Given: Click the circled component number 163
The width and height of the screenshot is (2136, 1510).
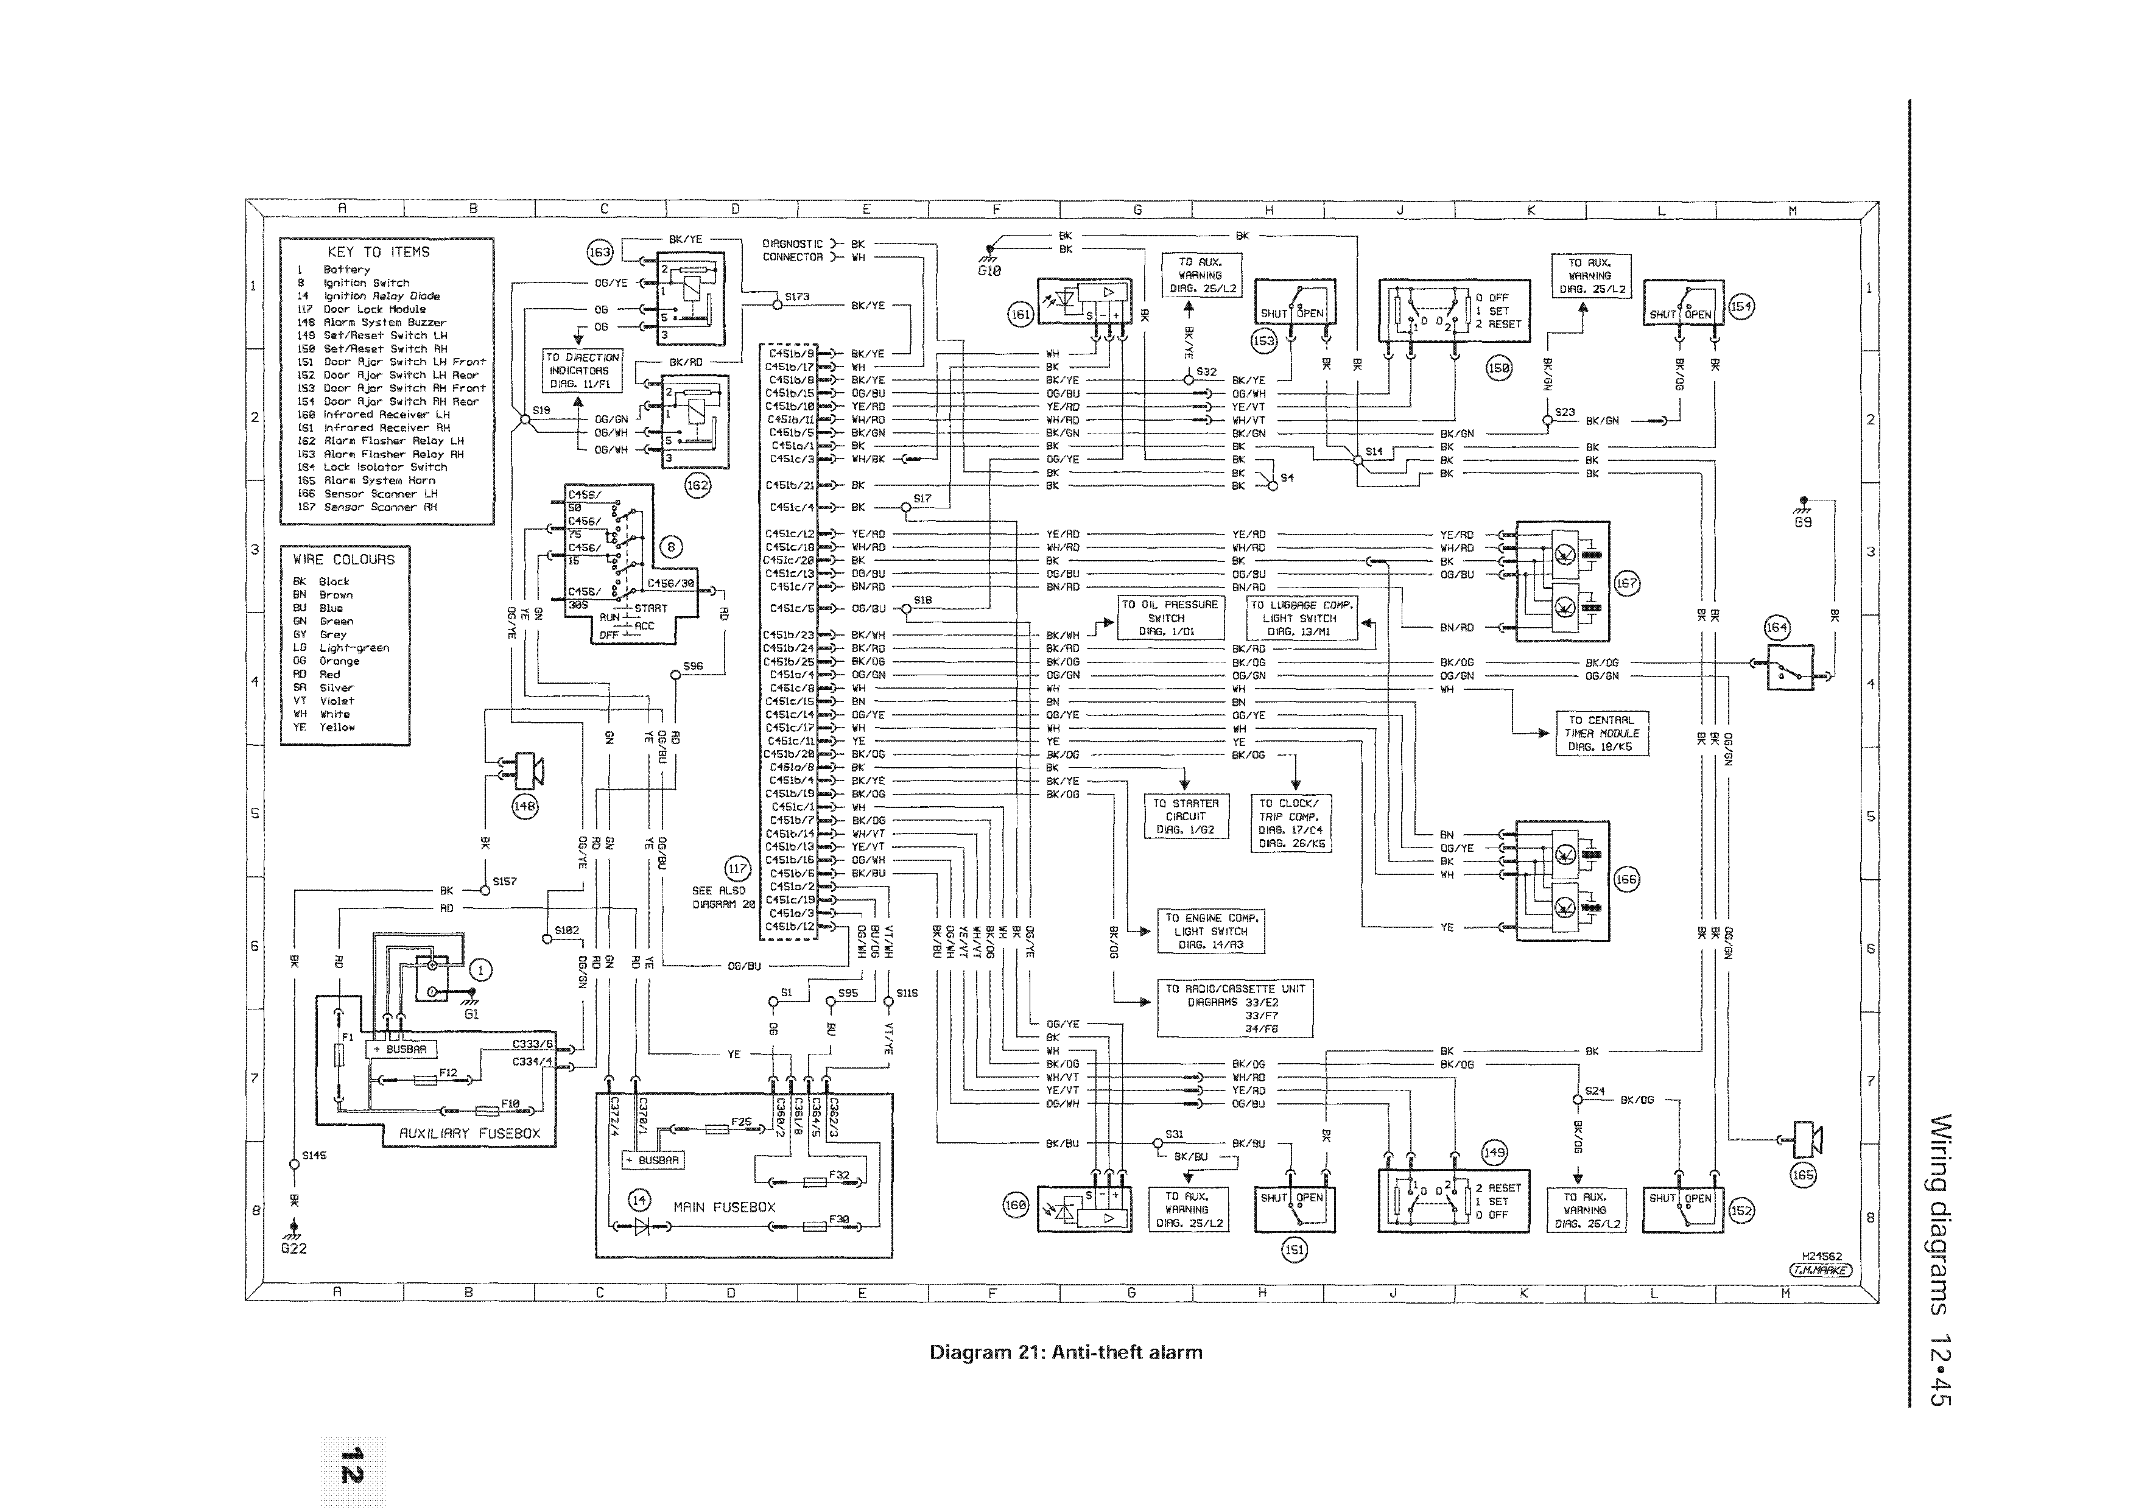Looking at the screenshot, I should tap(600, 252).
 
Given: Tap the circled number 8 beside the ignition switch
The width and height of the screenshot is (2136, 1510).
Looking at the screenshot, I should tap(671, 547).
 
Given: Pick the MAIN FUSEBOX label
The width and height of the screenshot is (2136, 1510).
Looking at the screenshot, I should tap(724, 1207).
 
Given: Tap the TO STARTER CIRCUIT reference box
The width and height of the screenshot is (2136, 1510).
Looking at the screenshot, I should tap(1186, 816).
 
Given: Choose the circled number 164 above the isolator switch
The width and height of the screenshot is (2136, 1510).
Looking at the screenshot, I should tap(1777, 628).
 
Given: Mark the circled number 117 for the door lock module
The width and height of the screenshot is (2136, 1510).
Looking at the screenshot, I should tap(738, 870).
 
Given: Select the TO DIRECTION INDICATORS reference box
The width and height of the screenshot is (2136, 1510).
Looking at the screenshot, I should tap(582, 370).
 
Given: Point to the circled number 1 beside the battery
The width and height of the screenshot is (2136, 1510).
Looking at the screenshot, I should tap(480, 971).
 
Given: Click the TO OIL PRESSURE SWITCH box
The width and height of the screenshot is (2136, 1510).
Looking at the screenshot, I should tap(1170, 618).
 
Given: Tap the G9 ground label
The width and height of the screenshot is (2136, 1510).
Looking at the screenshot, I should tap(1803, 523).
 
